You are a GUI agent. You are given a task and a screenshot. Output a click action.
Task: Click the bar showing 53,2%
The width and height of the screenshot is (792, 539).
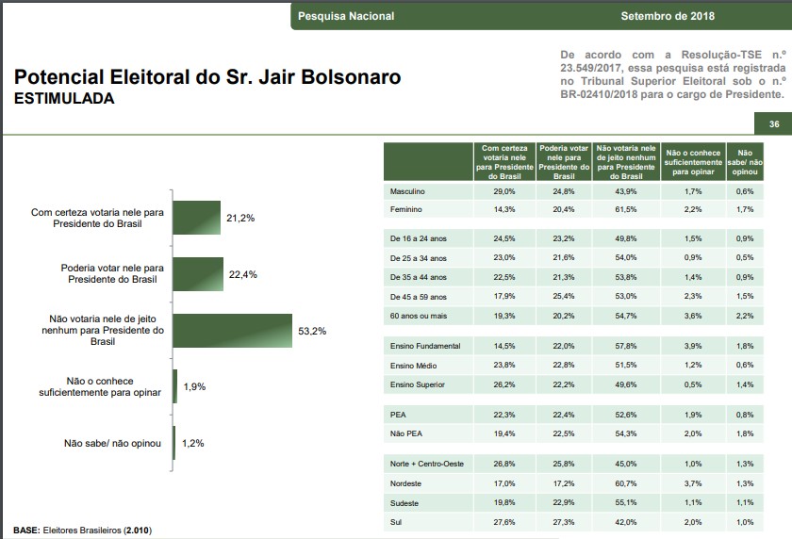coord(233,332)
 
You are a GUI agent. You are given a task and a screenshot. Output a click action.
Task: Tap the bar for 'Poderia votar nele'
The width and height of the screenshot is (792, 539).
coord(197,274)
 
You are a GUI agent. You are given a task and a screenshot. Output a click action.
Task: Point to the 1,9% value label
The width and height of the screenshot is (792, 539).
coord(194,387)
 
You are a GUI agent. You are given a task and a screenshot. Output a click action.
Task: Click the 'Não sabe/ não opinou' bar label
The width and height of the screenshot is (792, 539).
coord(113,443)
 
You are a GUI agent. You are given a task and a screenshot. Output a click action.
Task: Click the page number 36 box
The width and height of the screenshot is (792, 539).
coord(773,124)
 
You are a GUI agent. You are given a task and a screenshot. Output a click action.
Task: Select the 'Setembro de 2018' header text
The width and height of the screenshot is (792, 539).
coord(668,16)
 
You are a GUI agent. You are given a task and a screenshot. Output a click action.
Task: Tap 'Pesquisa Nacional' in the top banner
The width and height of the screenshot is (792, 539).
coord(346,16)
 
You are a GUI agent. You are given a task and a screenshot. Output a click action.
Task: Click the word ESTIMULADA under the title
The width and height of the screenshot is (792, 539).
coord(64,98)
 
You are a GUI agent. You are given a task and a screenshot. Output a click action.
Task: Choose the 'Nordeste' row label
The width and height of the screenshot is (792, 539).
coord(406,483)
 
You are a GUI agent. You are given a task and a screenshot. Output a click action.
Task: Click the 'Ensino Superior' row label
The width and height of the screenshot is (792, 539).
coord(417,384)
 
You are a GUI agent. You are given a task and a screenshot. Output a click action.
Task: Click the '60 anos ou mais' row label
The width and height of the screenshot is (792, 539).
coord(419,315)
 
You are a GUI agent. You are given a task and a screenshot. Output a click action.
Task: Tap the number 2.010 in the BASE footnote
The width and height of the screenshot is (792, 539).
coord(136,530)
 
